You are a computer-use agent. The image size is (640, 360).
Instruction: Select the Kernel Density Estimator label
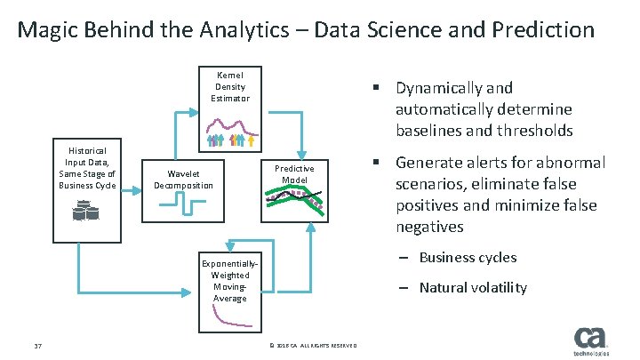tap(230, 86)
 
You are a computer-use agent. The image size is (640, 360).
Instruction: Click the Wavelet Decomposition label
tap(184, 179)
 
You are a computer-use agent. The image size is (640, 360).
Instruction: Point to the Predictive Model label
tap(294, 173)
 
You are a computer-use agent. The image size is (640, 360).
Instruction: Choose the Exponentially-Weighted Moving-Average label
tap(230, 281)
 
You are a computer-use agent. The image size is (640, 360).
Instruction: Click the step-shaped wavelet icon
tap(184, 205)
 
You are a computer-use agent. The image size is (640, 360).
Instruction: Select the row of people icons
tap(231, 140)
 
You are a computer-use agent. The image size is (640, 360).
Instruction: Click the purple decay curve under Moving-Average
tap(231, 322)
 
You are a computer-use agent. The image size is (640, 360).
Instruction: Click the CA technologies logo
tap(591, 341)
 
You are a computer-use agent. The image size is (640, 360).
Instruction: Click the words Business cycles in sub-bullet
tap(468, 258)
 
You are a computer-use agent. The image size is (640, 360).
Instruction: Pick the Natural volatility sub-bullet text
tap(473, 287)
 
